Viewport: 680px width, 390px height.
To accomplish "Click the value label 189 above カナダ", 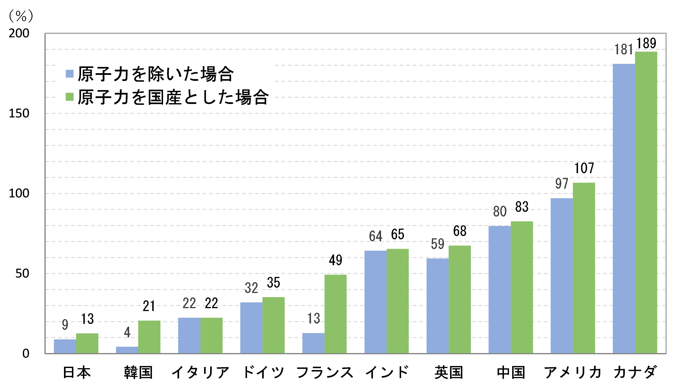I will tap(646, 43).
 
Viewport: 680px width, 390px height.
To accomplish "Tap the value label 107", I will tap(584, 168).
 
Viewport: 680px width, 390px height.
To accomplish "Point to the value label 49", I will tap(336, 260).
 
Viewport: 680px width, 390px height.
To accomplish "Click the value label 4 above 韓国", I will tap(127, 332).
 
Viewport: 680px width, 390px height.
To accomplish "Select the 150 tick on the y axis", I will tap(19, 114).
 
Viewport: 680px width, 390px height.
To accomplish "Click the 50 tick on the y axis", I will tap(22, 273).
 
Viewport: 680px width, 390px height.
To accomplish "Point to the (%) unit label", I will tap(21, 16).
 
